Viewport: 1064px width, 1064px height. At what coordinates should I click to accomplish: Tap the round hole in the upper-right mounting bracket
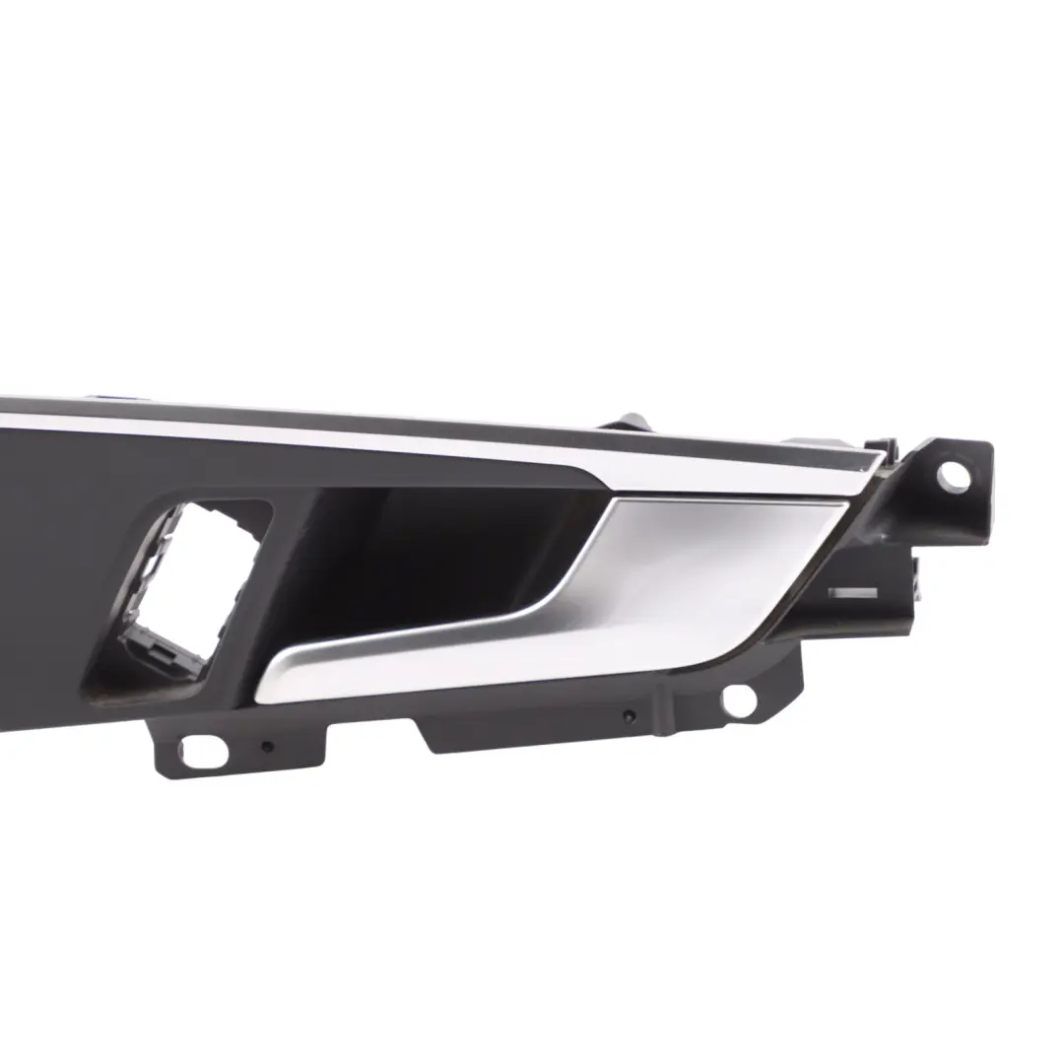[952, 476]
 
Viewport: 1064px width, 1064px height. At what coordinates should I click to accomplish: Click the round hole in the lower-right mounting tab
[739, 698]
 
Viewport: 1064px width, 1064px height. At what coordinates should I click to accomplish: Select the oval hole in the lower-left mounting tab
[203, 751]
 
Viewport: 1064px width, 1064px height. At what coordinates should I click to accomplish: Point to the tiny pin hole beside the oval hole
[266, 747]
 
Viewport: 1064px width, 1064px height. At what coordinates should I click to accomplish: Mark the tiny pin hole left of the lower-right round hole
[629, 714]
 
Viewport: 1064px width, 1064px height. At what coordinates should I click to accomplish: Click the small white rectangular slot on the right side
[852, 593]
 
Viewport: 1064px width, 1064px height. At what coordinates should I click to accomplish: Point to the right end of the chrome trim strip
[872, 463]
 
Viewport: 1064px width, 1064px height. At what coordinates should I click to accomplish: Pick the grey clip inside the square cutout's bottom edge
[163, 650]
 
